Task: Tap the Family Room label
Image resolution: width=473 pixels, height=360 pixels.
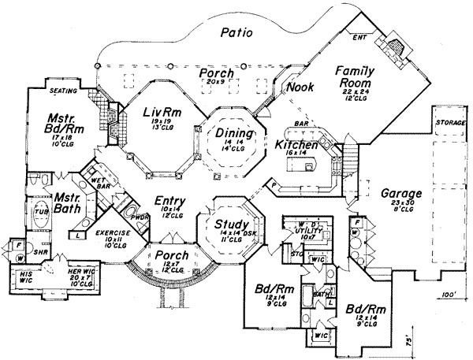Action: tap(356, 76)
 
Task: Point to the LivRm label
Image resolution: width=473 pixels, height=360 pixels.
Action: tap(162, 115)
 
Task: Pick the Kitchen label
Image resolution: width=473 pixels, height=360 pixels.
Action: tap(296, 146)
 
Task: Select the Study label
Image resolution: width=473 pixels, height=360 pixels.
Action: tap(233, 225)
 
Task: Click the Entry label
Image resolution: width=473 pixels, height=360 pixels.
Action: tap(169, 202)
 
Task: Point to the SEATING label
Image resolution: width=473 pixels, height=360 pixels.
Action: tap(63, 91)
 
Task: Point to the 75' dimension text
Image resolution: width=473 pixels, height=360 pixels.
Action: tap(408, 343)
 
